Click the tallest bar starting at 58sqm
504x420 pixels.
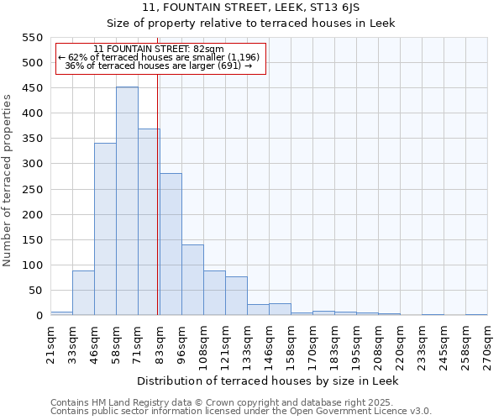click(x=127, y=202)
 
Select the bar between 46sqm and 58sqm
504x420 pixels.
click(x=105, y=229)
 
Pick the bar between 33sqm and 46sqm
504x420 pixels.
click(x=83, y=293)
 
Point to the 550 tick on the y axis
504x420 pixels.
click(x=31, y=38)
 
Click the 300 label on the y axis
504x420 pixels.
click(x=31, y=164)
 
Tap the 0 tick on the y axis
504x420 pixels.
click(x=39, y=316)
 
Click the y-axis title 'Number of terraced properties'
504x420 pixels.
click(x=8, y=181)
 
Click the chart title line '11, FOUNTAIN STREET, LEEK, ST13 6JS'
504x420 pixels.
click(x=250, y=7)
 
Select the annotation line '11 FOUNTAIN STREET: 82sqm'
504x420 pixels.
click(x=159, y=49)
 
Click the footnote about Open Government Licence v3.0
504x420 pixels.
click(x=240, y=411)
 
